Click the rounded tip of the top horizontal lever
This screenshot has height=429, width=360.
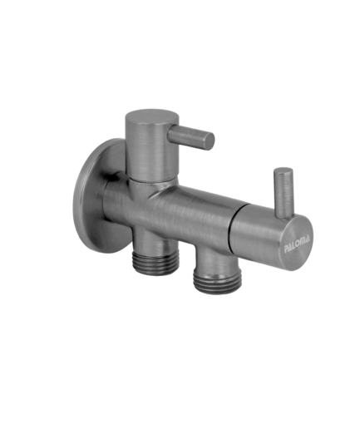pos(210,141)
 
